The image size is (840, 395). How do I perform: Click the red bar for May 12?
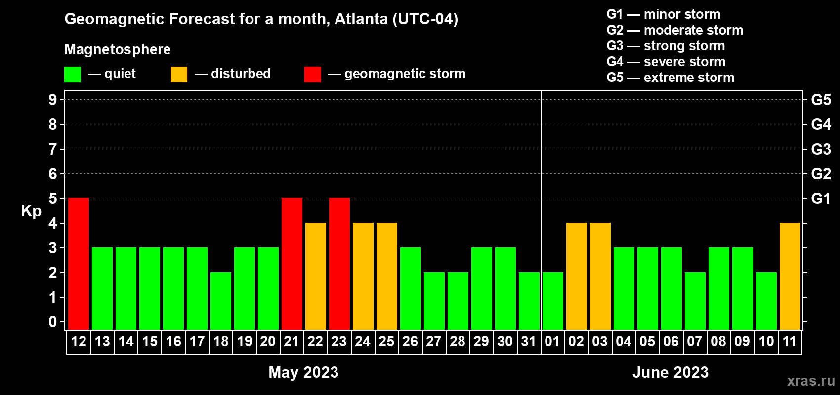tap(79, 264)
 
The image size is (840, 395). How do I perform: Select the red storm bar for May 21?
tap(292, 264)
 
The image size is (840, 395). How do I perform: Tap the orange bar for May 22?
tap(316, 276)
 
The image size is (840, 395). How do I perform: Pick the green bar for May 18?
tap(221, 301)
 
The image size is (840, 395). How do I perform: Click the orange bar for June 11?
tap(790, 276)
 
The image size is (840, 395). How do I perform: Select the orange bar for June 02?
tap(577, 276)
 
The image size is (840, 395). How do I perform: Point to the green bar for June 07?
tap(695, 301)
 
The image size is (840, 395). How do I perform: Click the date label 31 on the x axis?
tap(529, 341)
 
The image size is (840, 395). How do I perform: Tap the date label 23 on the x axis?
tap(339, 341)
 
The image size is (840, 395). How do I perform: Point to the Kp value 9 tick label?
tap(53, 100)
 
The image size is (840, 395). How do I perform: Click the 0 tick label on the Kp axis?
tap(53, 322)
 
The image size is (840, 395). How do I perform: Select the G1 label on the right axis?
tap(821, 198)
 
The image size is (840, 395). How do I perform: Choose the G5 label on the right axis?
tap(821, 100)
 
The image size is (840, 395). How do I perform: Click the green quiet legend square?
tap(73, 75)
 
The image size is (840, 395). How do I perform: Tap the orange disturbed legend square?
tap(179, 75)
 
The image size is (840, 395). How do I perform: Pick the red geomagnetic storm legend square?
tap(312, 75)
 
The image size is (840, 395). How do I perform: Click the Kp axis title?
tap(31, 211)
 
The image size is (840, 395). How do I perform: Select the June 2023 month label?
tap(670, 372)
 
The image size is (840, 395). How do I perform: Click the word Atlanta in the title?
tap(361, 19)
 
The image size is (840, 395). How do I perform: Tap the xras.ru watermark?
tap(811, 381)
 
